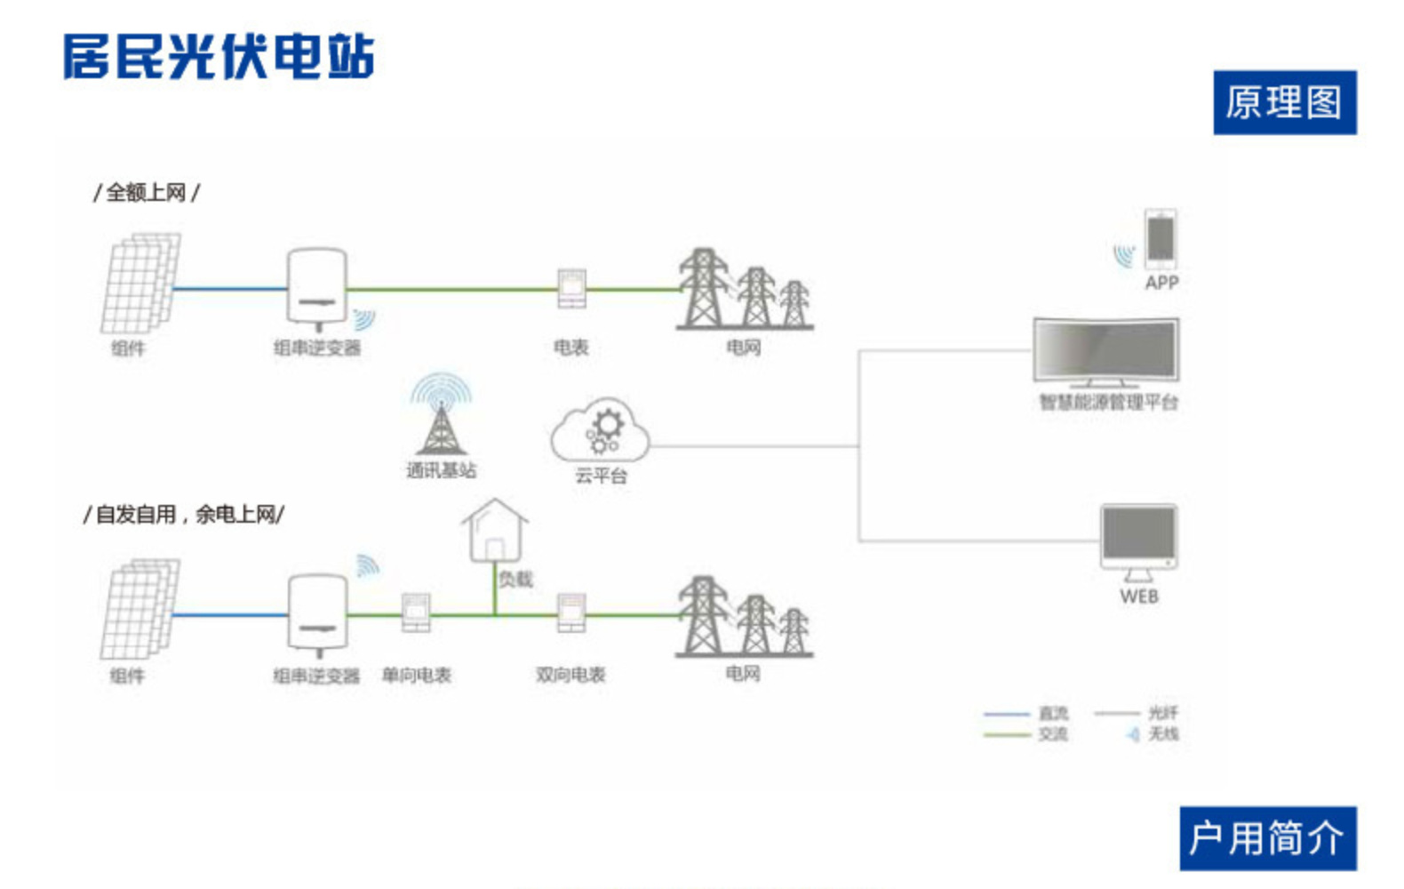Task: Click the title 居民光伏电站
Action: (x=219, y=57)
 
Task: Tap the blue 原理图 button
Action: (x=1284, y=102)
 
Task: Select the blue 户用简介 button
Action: (x=1267, y=837)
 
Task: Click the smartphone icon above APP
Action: (x=1161, y=238)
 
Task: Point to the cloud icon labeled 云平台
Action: (x=601, y=430)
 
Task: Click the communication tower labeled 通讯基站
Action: (x=442, y=418)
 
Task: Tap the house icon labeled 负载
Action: (x=495, y=531)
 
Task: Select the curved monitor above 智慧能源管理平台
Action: (x=1106, y=351)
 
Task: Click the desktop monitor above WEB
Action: (x=1138, y=537)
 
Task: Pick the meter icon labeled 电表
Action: (x=571, y=288)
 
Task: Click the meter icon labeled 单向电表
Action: (x=416, y=613)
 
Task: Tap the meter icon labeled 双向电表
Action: (x=571, y=613)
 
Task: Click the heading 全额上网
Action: (x=147, y=192)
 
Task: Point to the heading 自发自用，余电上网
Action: (x=184, y=514)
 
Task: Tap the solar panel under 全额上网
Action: (x=140, y=283)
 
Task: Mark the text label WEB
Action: (x=1139, y=597)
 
